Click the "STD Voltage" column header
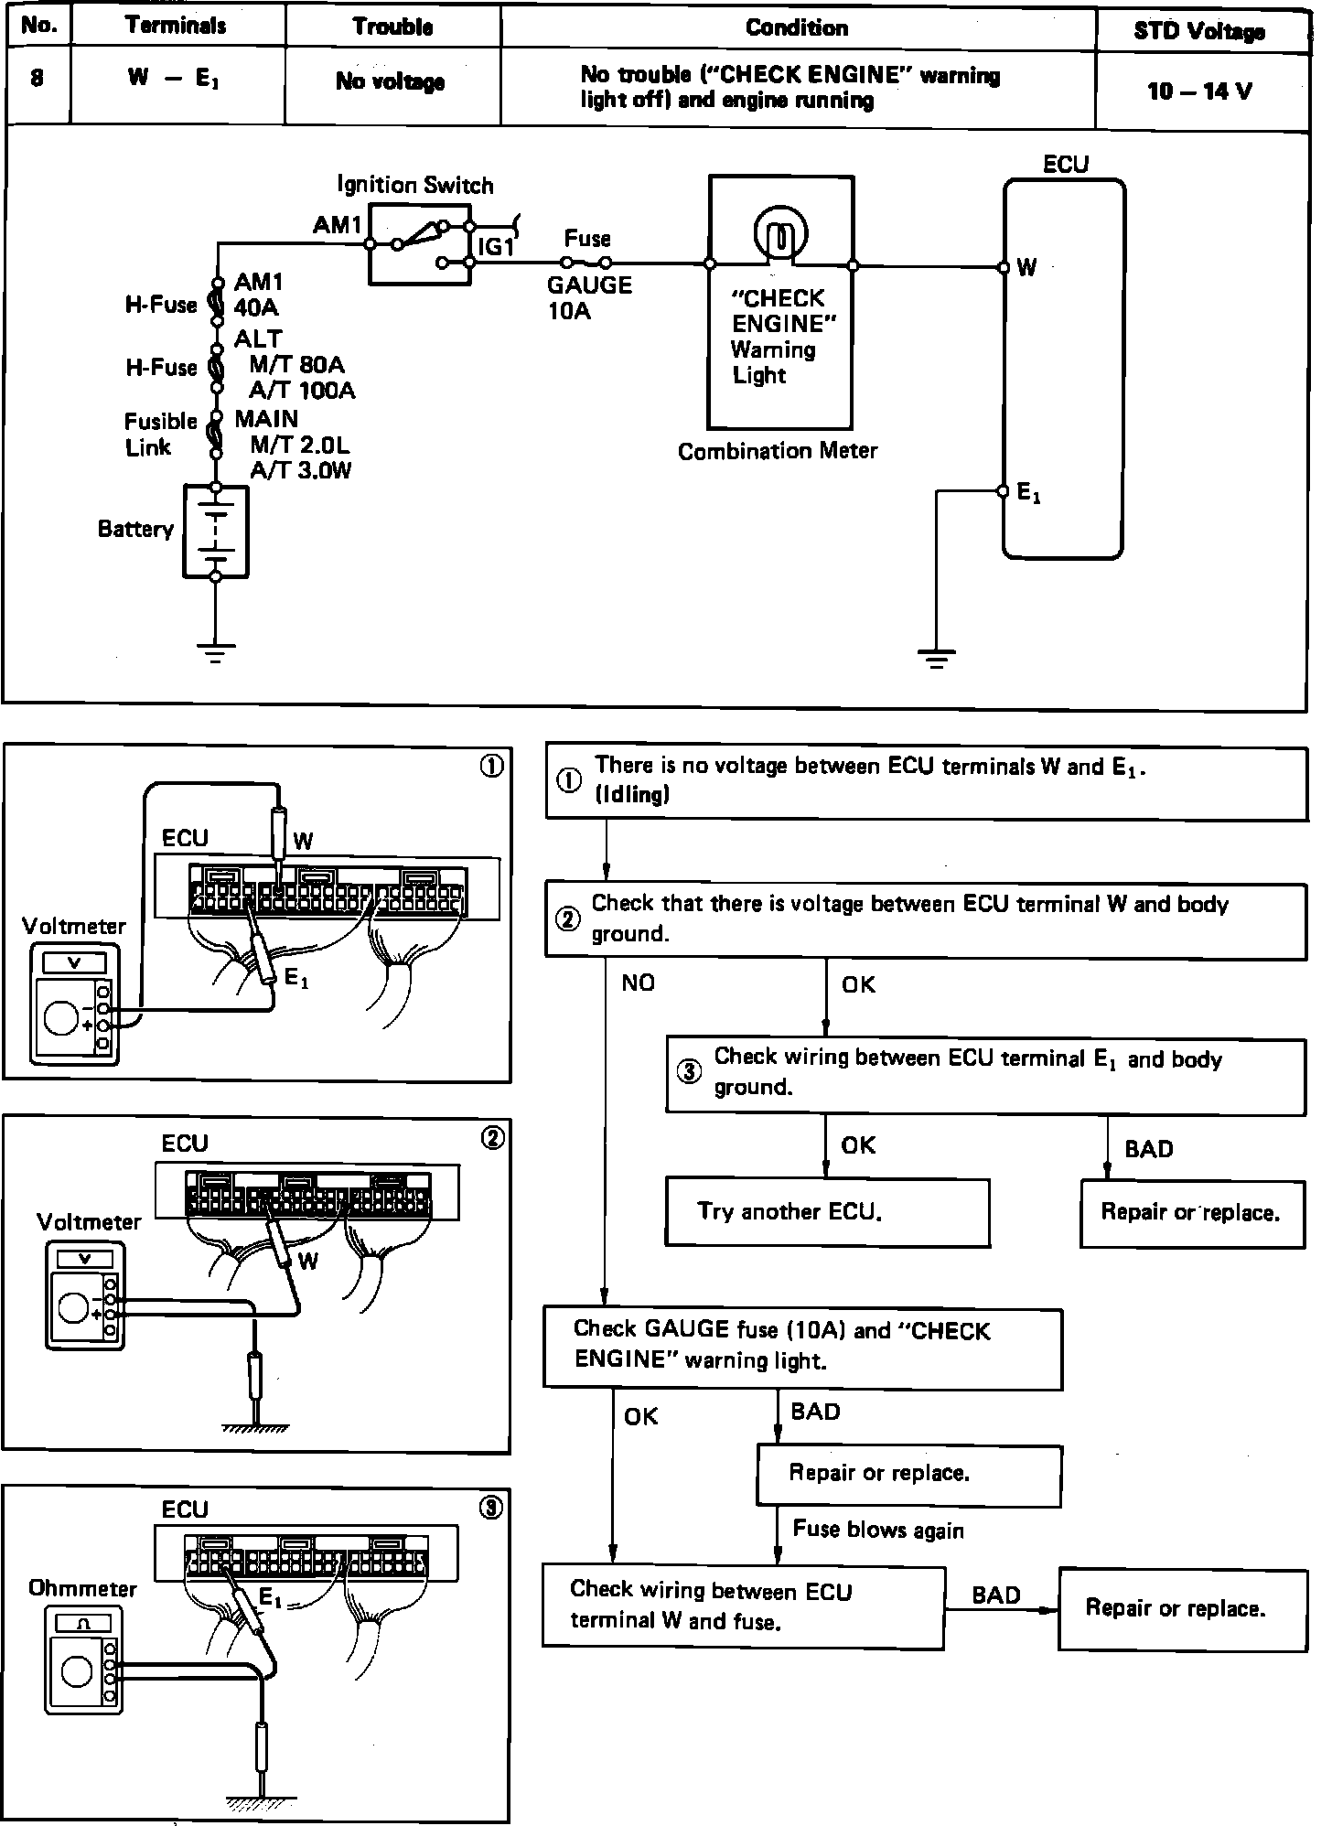click(x=1199, y=31)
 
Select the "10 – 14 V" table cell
click(x=1199, y=91)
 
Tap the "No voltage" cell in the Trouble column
click(x=391, y=81)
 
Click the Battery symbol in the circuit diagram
click(x=216, y=532)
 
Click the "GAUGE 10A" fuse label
click(x=589, y=298)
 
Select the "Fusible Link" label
click(x=161, y=435)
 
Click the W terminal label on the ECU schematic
click(x=1027, y=267)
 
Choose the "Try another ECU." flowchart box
click(x=827, y=1212)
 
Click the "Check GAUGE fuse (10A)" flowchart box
click(x=803, y=1348)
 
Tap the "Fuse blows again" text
click(x=878, y=1530)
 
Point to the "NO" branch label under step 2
click(x=638, y=983)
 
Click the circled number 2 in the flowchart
click(x=568, y=919)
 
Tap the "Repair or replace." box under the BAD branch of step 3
click(x=1192, y=1213)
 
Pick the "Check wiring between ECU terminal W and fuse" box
click(x=743, y=1607)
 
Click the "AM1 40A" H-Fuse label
click(x=258, y=295)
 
